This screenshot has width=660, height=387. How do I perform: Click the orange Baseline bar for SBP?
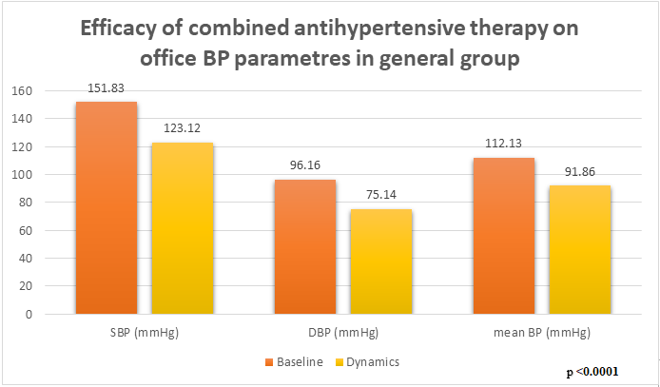tap(107, 207)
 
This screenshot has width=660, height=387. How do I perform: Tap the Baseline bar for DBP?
tap(305, 246)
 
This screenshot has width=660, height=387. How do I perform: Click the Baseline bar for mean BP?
tap(504, 235)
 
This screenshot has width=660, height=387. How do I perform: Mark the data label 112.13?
tap(504, 145)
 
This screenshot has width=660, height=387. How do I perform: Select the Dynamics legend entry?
tap(365, 362)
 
